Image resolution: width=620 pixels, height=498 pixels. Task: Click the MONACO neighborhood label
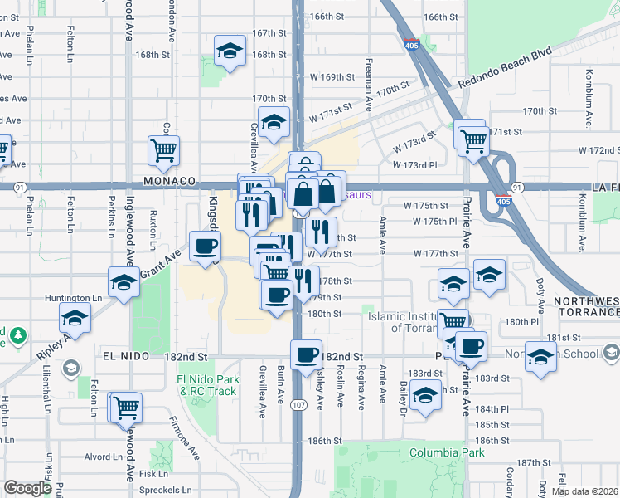click(168, 180)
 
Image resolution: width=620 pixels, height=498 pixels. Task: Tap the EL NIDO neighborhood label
click(126, 355)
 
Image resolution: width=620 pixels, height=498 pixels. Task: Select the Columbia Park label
click(446, 453)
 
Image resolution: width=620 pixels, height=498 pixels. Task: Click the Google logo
click(27, 488)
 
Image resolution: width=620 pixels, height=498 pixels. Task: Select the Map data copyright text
click(586, 491)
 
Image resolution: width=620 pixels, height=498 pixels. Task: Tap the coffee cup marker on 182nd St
click(307, 354)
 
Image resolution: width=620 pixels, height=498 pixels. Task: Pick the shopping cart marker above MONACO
click(164, 150)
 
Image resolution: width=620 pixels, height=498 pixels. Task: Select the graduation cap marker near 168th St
click(229, 51)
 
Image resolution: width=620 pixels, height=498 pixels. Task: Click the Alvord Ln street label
click(103, 456)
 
